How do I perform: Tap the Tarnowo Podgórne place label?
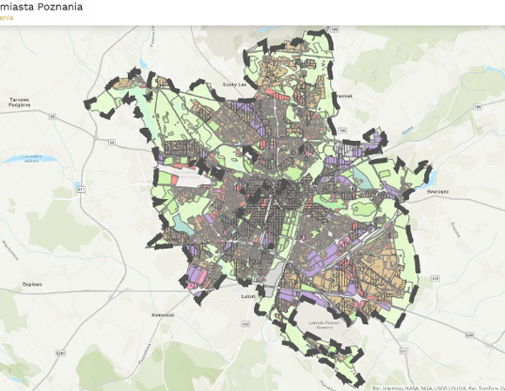coord(19,103)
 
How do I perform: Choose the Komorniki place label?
coord(164,314)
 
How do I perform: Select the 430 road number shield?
coord(246,324)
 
